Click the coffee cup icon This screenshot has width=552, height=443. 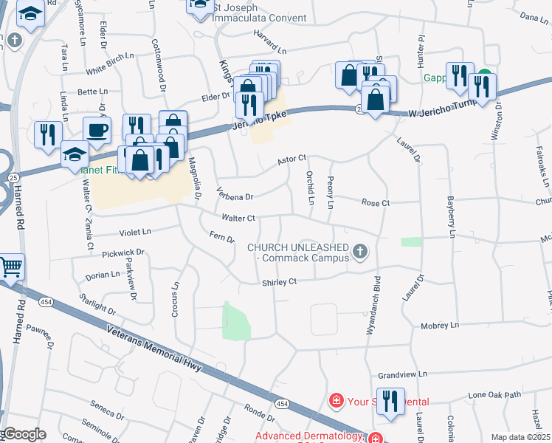(x=97, y=131)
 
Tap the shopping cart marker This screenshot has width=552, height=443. (x=11, y=268)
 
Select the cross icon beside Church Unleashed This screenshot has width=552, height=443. (x=360, y=253)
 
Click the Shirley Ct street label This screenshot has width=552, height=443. (x=279, y=282)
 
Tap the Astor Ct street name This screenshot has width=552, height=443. (x=291, y=159)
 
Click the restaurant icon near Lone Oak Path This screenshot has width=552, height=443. (x=390, y=402)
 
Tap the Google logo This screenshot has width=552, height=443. (x=24, y=434)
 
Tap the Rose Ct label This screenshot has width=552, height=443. (x=374, y=203)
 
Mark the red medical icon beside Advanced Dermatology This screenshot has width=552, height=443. (x=376, y=437)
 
